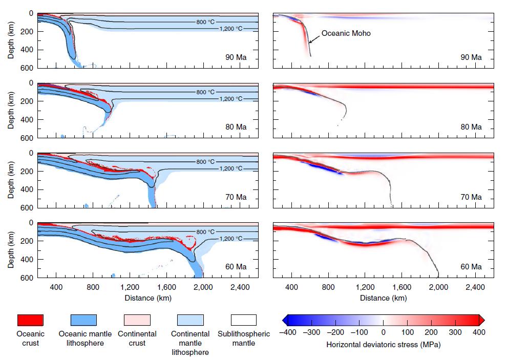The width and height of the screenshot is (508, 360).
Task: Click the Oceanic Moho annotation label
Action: [x=346, y=34]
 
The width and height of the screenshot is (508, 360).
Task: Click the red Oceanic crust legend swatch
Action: [x=31, y=320]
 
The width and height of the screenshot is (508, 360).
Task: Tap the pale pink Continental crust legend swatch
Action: [x=137, y=320]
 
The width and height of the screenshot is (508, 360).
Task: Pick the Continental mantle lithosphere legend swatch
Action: [x=190, y=320]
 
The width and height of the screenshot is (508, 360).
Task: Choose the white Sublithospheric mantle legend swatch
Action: [x=243, y=320]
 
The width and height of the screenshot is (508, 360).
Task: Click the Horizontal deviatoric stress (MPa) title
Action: [x=383, y=345]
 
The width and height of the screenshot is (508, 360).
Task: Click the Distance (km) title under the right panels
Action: [x=383, y=298]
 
